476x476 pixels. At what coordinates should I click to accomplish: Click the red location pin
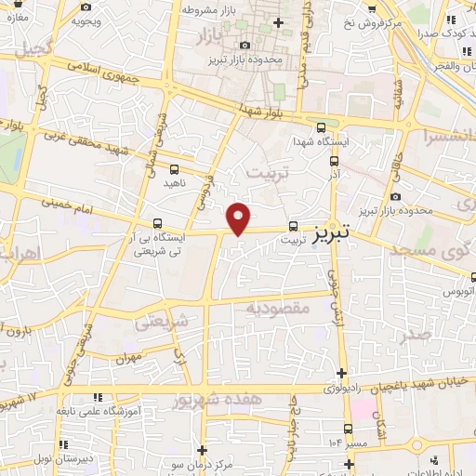pos(239,218)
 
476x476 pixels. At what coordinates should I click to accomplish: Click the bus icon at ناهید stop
pos(175,168)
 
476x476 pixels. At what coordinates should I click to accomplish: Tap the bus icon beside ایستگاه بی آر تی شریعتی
pos(157,224)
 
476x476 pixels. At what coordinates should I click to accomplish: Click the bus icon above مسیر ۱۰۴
pos(348,429)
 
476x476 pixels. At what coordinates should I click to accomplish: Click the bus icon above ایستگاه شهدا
pos(322,128)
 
